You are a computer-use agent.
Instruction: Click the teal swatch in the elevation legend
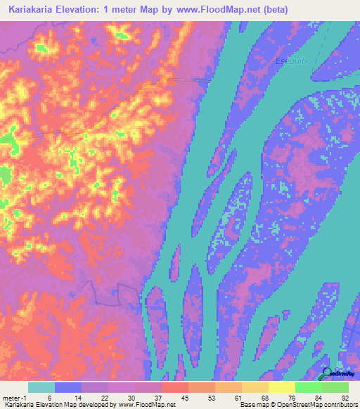point(41,387)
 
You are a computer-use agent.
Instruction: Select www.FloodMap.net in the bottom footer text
point(147,405)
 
